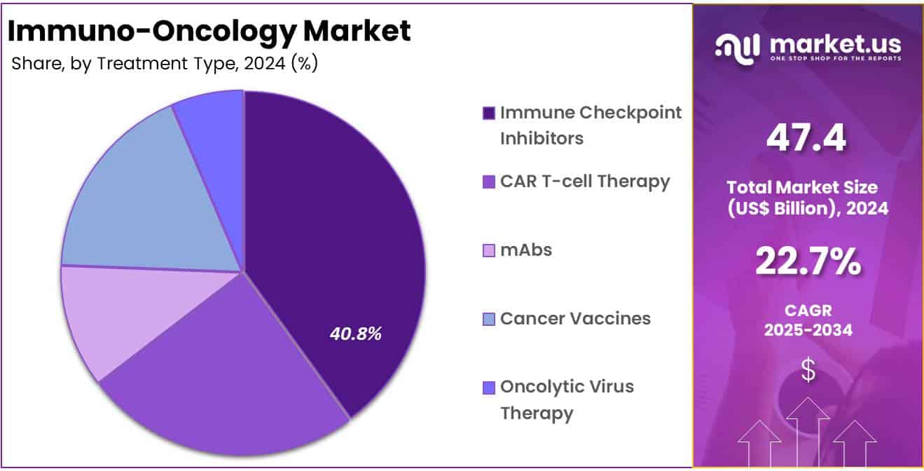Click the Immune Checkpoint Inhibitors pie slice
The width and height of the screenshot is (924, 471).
point(336,231)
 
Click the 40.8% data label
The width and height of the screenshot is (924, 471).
point(356,334)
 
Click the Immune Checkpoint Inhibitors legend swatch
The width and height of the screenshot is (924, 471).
point(489,114)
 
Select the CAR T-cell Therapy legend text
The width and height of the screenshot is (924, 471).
point(585,182)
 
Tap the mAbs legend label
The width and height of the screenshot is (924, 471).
point(525,250)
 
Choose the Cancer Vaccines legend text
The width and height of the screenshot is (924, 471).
point(575,319)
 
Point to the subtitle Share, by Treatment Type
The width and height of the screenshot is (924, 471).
point(165,64)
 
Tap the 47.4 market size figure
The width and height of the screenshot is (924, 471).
point(806,137)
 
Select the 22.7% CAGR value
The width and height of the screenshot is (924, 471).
point(808,262)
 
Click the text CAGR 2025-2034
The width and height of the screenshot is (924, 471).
point(808,320)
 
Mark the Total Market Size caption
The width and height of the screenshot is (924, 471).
point(808,198)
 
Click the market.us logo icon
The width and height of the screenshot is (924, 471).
point(738,46)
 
